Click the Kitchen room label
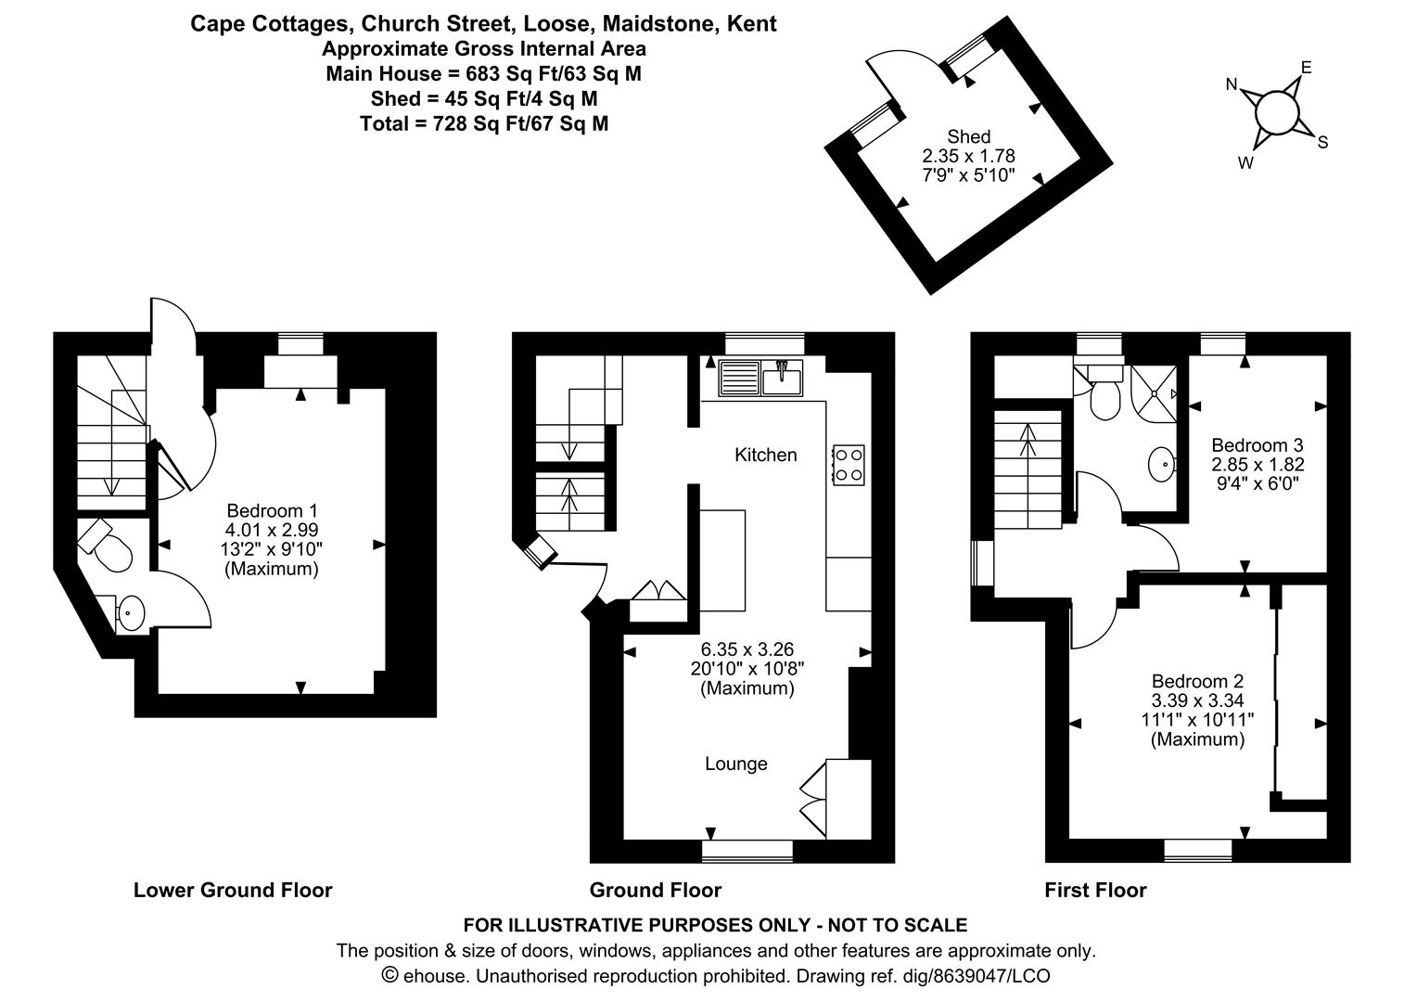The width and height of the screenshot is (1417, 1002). (x=765, y=455)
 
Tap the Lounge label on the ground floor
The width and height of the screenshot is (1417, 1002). (x=736, y=764)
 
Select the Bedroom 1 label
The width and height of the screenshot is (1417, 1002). (x=272, y=510)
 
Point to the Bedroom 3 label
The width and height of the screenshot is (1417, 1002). (x=1257, y=444)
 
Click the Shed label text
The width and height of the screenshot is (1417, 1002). (x=968, y=136)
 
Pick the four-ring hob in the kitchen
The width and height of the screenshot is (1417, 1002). (x=849, y=465)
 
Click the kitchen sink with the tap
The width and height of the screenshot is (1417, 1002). (x=782, y=378)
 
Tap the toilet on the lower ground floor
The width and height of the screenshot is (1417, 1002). (x=106, y=546)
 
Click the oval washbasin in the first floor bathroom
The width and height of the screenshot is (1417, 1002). (x=1161, y=465)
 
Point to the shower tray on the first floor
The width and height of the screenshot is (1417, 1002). (x=1154, y=393)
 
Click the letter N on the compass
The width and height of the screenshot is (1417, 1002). (x=1232, y=84)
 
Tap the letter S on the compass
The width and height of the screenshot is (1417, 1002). (x=1322, y=143)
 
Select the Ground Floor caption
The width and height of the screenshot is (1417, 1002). (x=656, y=890)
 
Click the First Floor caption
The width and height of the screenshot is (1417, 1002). (x=1095, y=890)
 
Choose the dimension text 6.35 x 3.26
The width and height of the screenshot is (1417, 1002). (x=747, y=649)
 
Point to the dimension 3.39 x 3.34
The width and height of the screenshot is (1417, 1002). (x=1197, y=700)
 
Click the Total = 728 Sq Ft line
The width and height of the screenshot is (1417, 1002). (x=484, y=123)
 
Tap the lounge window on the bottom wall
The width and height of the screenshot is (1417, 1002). (x=747, y=851)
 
